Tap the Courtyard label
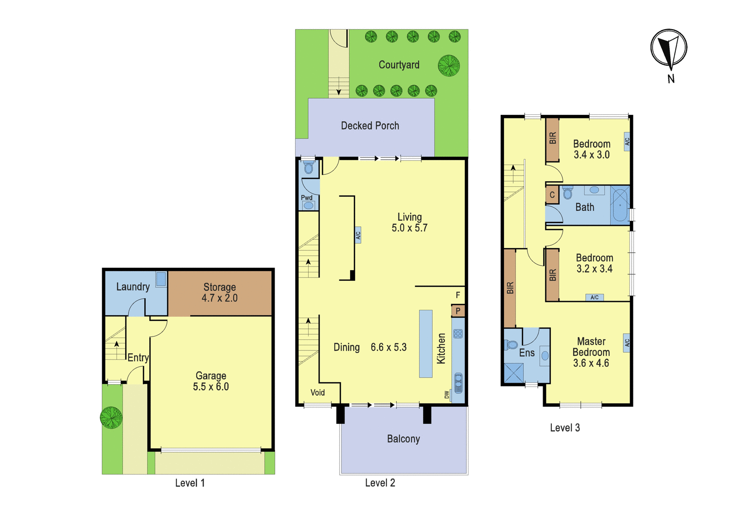[399, 65]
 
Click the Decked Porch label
[370, 125]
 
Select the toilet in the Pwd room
[308, 167]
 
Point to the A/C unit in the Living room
[358, 235]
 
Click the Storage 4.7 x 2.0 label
[219, 292]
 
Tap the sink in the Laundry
[161, 279]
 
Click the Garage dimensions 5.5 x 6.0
[211, 386]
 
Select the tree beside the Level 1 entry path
[111, 418]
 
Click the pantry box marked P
[458, 311]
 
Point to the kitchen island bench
[426, 343]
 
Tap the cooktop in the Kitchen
[458, 334]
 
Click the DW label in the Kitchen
[446, 395]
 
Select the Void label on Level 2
[317, 392]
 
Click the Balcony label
[404, 439]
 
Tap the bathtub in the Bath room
[620, 205]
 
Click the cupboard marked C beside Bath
[552, 195]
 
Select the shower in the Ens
[514, 373]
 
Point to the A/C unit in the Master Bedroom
[626, 343]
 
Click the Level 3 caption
[565, 428]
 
